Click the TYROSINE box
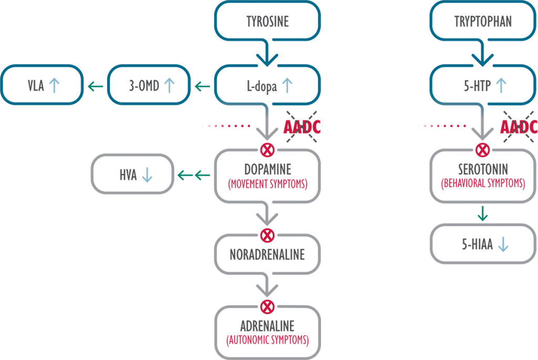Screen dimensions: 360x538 [x=267, y=22]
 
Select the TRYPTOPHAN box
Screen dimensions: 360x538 [x=482, y=22]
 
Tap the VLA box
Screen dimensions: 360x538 [x=43, y=85]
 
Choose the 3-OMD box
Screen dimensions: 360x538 [x=149, y=85]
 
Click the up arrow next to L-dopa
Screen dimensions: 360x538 [x=287, y=85]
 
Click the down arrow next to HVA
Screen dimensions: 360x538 [x=147, y=174]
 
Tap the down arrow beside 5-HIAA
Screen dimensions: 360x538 [x=502, y=244]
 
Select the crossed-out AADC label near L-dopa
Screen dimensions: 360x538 [x=302, y=127]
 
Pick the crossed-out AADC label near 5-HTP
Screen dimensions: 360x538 [x=519, y=127]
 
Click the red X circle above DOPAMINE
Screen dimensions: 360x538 [x=267, y=150]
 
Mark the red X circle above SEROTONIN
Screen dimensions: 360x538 [x=482, y=150]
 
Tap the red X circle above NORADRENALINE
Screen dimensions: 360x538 [x=267, y=234]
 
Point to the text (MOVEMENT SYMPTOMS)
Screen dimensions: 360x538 [x=267, y=184]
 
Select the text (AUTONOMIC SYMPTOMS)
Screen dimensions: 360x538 [x=267, y=340]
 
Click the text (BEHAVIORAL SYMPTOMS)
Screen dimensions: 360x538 [x=483, y=183]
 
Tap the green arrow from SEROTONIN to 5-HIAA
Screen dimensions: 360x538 [x=482, y=214]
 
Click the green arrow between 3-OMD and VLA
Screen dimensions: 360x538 [x=95, y=86]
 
